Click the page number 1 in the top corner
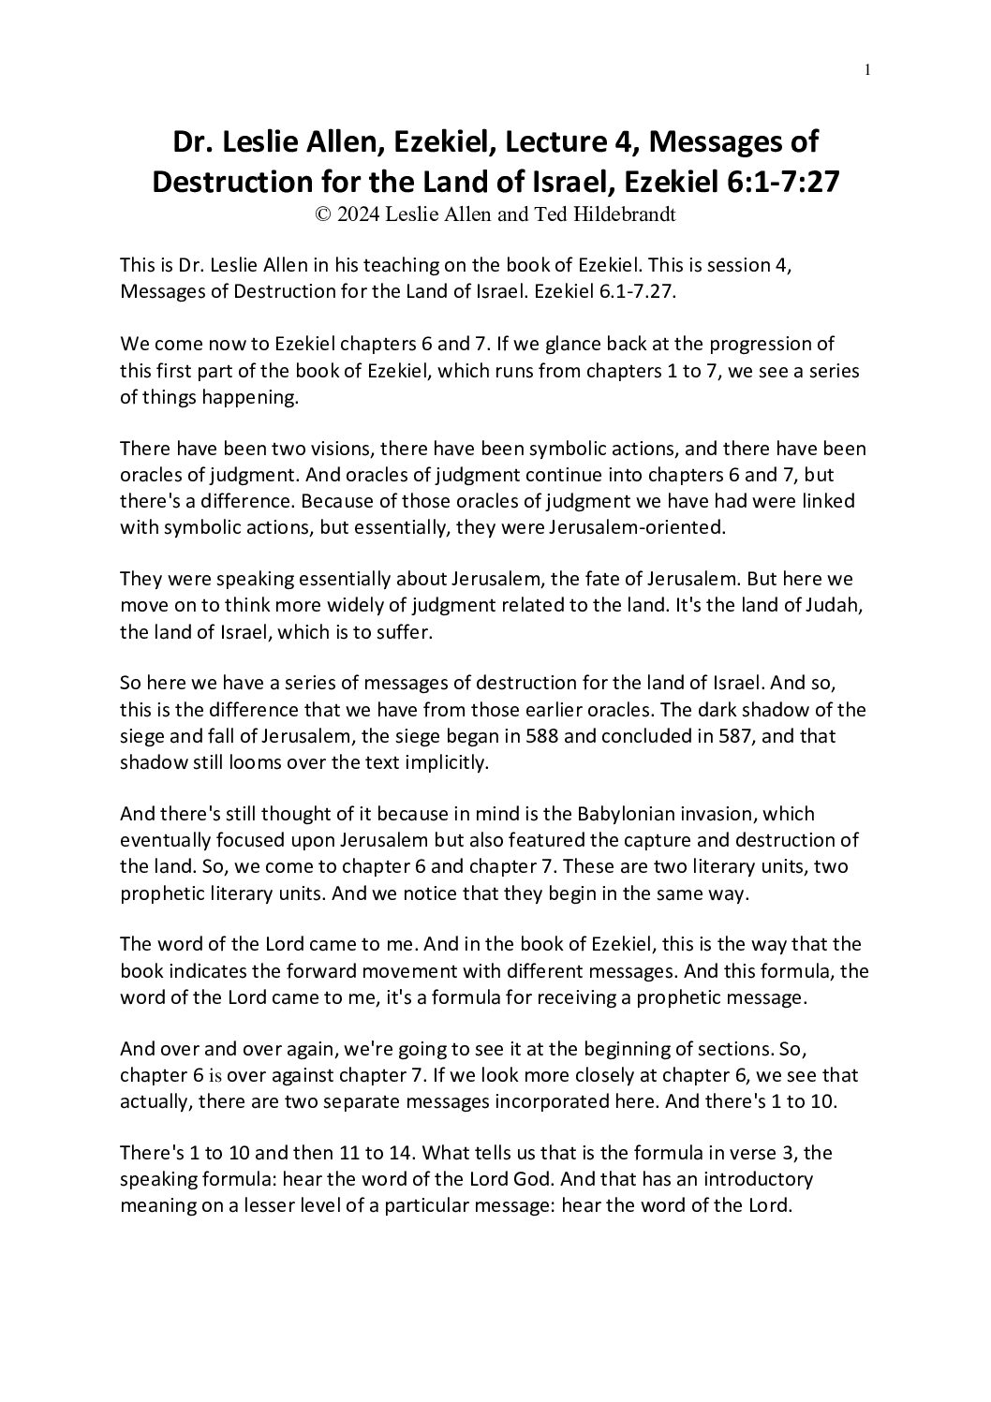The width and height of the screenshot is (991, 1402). click(868, 68)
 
